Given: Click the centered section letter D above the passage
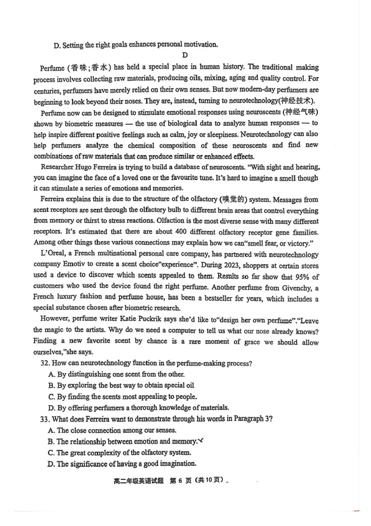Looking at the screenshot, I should click(184, 56).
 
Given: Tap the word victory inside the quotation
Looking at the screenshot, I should click(297, 243).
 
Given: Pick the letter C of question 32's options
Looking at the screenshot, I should click(51, 396).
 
